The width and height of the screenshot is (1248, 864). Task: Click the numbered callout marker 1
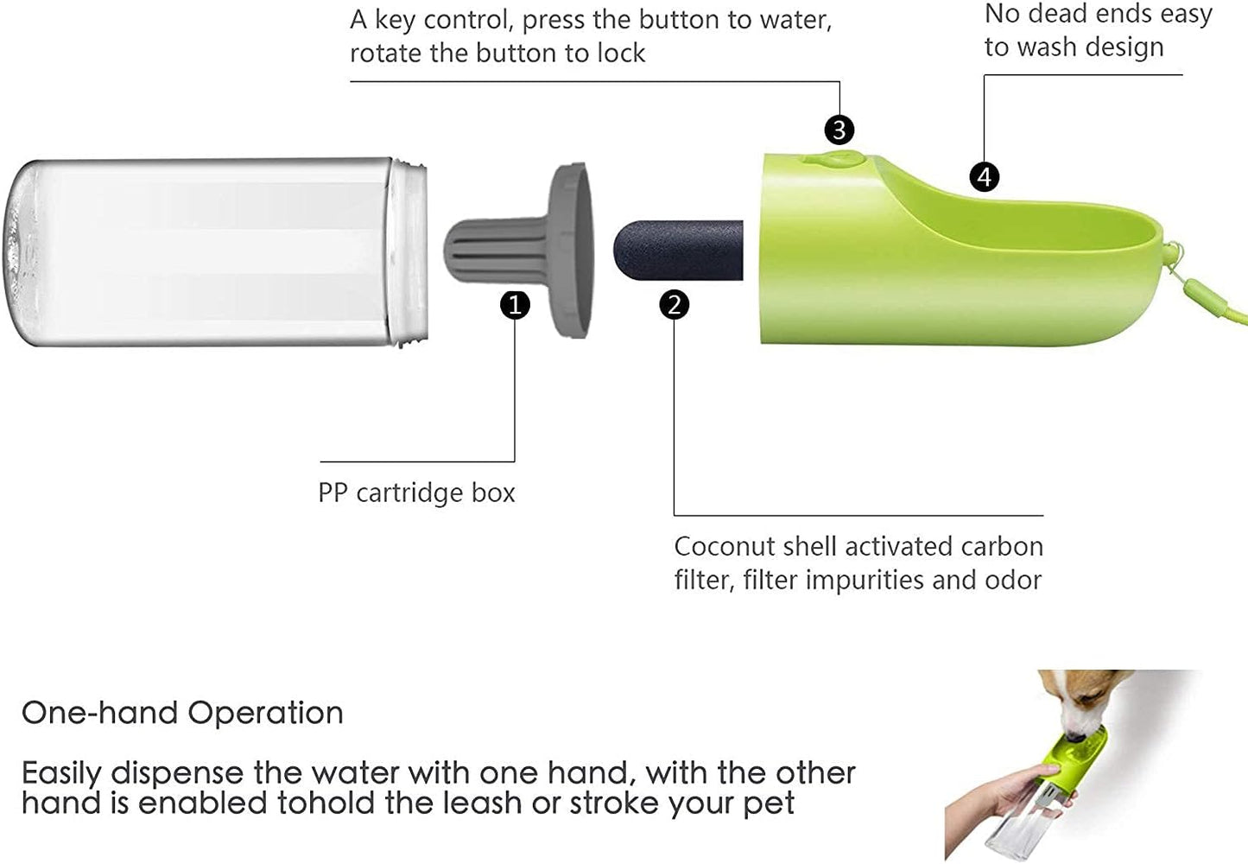(515, 305)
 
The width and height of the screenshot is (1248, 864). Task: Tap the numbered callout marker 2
(674, 305)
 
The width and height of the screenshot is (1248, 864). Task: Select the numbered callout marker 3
(839, 130)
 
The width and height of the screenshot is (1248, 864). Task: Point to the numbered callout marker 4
(984, 176)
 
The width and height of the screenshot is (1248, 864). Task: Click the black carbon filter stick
(678, 250)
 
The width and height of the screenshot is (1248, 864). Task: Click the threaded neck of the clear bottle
(409, 251)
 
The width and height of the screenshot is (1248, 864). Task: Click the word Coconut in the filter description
(726, 547)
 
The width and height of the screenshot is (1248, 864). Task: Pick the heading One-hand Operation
(182, 713)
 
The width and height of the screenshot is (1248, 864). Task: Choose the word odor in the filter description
(1017, 580)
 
